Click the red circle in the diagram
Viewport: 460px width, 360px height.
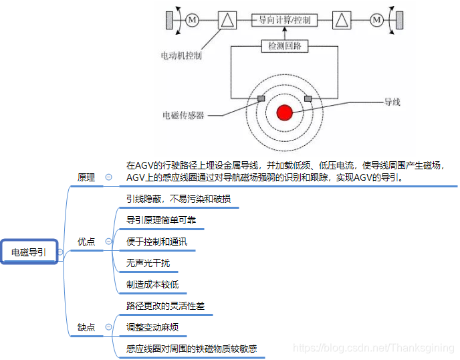(285, 112)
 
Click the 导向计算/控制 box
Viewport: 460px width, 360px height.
(284, 20)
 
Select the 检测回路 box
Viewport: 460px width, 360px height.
(284, 46)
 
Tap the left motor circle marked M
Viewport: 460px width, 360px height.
(193, 20)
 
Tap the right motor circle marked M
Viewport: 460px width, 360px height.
(376, 20)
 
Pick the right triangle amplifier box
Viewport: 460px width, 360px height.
(342, 20)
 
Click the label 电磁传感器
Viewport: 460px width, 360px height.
(183, 115)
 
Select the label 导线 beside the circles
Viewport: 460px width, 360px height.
(392, 102)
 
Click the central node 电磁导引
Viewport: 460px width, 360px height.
(29, 252)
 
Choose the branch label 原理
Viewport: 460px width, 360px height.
(86, 177)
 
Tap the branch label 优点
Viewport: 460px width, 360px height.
(86, 242)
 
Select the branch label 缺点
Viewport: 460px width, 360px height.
(86, 327)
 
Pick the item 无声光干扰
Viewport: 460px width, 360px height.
(148, 263)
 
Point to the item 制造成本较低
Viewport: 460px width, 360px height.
(152, 284)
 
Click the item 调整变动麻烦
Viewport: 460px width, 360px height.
(152, 327)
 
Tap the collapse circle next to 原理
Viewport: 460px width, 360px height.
(108, 177)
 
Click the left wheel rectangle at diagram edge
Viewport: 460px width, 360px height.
(169, 20)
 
